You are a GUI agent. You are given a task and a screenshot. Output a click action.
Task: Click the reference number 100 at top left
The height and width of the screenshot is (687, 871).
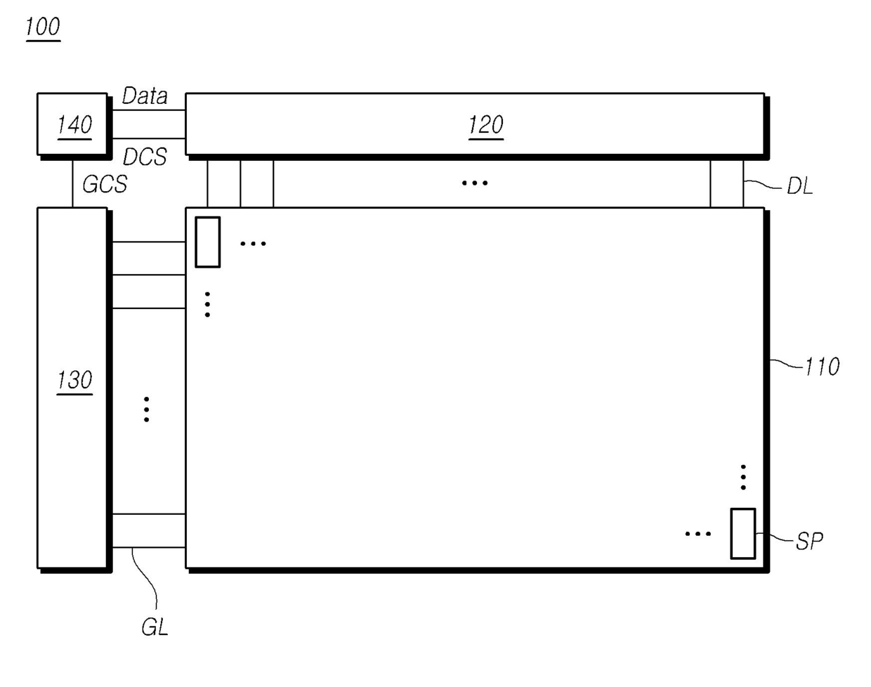click(x=43, y=27)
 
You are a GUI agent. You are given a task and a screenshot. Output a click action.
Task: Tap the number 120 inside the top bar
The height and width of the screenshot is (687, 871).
click(x=485, y=125)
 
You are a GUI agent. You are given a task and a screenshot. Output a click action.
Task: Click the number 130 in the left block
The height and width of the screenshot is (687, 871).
click(x=74, y=381)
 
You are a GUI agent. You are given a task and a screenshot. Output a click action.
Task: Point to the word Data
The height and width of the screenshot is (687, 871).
click(x=145, y=96)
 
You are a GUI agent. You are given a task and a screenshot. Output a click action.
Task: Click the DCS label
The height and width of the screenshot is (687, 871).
click(x=145, y=157)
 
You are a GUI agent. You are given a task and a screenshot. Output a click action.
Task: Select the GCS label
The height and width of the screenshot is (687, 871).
click(x=105, y=184)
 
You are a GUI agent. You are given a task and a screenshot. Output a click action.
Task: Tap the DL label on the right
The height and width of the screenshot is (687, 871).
click(x=799, y=186)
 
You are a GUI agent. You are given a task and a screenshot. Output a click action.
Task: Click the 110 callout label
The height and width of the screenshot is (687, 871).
click(x=821, y=367)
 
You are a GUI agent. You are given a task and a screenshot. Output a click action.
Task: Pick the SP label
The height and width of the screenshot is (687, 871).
click(x=809, y=541)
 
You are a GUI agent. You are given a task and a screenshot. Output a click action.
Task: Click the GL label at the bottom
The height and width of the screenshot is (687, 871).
click(x=155, y=627)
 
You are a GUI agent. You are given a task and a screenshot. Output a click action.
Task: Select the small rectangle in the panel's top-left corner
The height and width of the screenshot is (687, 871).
click(x=207, y=242)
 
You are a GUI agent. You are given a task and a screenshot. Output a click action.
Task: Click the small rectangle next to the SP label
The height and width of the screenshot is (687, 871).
click(x=742, y=534)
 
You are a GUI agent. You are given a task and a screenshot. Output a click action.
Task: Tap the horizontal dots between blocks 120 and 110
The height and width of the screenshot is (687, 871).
click(x=475, y=183)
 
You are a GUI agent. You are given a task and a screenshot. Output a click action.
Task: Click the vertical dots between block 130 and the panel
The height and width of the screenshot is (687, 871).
click(x=146, y=409)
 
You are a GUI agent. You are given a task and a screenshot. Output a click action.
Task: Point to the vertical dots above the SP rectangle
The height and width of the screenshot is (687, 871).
click(x=743, y=477)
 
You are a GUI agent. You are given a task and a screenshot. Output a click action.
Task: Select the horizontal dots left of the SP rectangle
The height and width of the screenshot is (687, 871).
click(x=698, y=534)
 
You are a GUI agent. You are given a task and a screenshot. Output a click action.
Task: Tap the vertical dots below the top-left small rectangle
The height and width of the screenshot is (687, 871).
click(x=207, y=304)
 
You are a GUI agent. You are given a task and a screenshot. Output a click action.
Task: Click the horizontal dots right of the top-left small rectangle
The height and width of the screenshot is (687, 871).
click(x=253, y=244)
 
